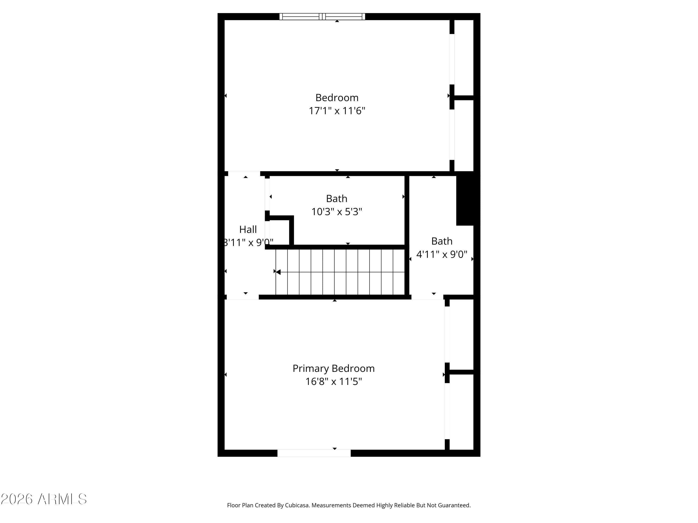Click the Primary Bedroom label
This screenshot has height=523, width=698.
[x=334, y=368]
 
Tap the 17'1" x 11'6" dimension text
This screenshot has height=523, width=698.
[x=337, y=111]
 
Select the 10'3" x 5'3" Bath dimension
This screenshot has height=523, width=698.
[x=337, y=212]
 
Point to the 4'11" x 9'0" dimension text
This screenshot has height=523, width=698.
[x=442, y=254]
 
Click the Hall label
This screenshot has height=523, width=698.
[x=248, y=229]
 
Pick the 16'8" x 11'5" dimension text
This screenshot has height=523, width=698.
[x=334, y=381]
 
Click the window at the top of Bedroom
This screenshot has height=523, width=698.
[x=322, y=17]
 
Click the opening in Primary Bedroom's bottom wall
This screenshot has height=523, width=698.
[x=314, y=453]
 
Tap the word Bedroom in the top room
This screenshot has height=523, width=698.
[x=337, y=98]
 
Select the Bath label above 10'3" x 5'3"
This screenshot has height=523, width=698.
[x=337, y=199]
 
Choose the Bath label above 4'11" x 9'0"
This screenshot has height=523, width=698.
[x=442, y=241]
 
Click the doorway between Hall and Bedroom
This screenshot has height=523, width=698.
[x=244, y=174]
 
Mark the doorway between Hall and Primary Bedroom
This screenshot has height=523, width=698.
[x=243, y=297]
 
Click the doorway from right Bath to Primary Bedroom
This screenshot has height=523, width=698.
[x=427, y=297]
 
